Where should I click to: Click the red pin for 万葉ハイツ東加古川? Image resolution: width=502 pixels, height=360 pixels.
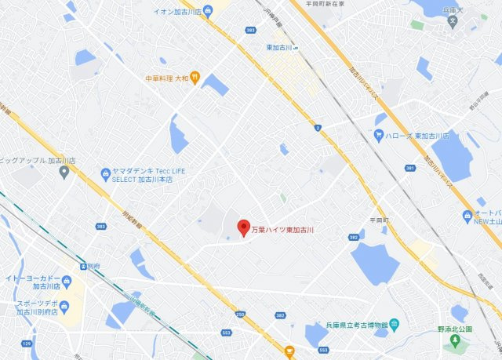coord(242,227)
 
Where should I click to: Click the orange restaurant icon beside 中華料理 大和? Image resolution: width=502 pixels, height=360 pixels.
coord(196,78)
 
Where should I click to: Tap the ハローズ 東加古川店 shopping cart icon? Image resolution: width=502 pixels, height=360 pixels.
coord(380,135)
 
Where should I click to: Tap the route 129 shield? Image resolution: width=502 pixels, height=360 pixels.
coord(26,343)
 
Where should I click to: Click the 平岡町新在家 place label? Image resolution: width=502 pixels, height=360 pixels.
coord(320,4)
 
